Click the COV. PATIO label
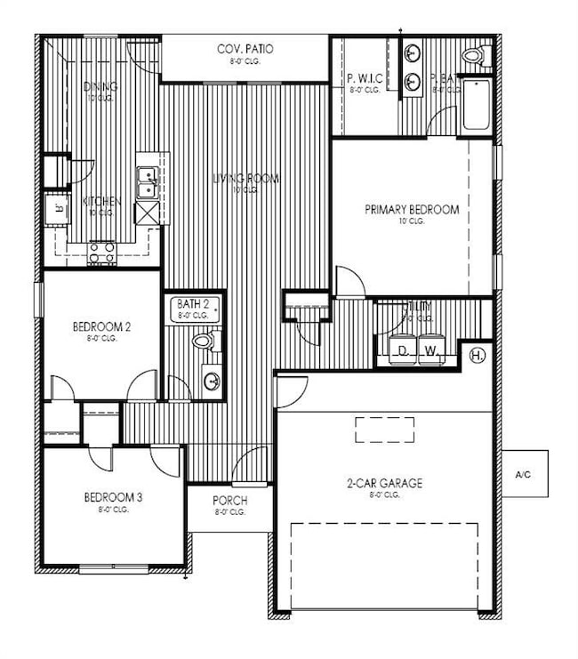(245, 48)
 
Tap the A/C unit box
(523, 474)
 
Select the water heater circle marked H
(478, 355)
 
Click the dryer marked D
(402, 350)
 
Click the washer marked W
(430, 350)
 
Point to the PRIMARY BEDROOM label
(412, 210)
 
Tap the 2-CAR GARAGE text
(384, 484)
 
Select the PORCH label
(230, 501)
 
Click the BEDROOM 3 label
(113, 497)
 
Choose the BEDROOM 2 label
(101, 326)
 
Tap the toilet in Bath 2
(204, 340)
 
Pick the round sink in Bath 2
(212, 382)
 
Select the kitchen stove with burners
(102, 252)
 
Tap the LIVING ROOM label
(245, 179)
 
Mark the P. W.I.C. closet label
(365, 78)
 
